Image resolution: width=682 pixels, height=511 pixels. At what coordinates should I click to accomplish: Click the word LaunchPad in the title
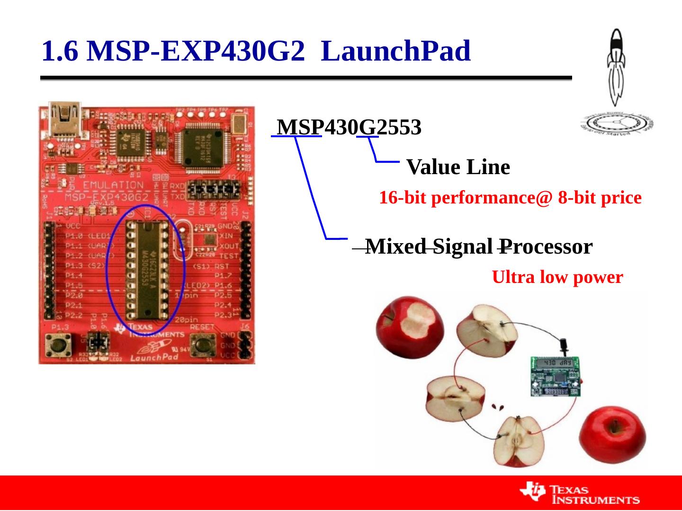[x=395, y=51]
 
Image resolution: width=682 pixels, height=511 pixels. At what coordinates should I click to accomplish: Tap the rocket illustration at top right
[x=616, y=66]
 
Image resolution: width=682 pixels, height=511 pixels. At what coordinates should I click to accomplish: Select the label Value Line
[x=458, y=167]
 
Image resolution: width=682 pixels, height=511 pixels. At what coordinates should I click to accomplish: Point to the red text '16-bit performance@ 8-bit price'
[x=510, y=198]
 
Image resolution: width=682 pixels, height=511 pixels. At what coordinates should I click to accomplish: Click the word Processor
[x=546, y=247]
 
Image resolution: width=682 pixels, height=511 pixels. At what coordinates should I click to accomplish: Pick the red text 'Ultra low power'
[x=557, y=277]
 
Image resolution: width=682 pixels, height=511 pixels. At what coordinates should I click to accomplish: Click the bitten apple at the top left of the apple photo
[x=410, y=324]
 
